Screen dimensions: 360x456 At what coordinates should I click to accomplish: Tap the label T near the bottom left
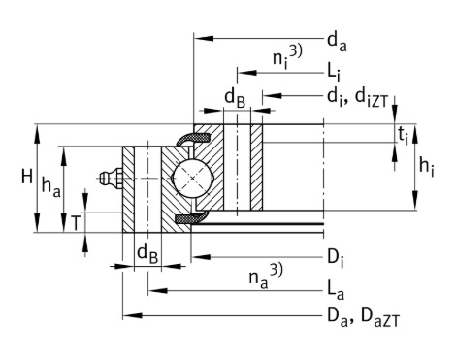click(x=76, y=222)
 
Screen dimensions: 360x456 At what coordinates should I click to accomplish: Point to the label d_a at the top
click(x=336, y=40)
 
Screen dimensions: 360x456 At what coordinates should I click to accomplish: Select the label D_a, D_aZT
click(x=360, y=315)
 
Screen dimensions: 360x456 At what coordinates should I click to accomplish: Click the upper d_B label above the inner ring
click(x=236, y=97)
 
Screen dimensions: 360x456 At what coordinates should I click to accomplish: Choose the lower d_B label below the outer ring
click(x=147, y=254)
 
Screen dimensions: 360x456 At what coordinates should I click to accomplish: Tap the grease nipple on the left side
click(x=109, y=179)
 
